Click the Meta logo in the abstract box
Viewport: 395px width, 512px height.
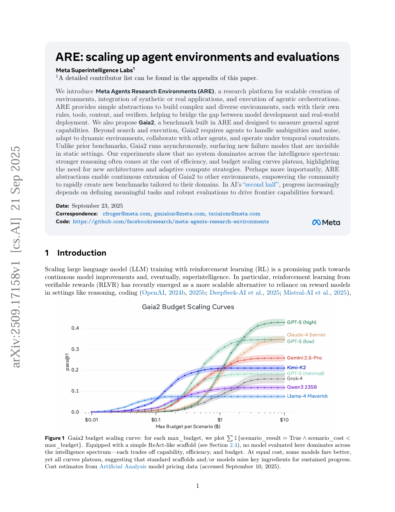[326, 222]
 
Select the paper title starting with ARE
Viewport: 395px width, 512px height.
[197, 57]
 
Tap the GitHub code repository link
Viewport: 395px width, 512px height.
[170, 222]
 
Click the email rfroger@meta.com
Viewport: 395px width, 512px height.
[126, 214]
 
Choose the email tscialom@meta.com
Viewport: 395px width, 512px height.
[234, 214]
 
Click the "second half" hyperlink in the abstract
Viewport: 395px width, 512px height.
[261, 185]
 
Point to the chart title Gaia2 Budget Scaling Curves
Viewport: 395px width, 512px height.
[188, 307]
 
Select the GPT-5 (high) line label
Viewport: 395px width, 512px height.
[301, 322]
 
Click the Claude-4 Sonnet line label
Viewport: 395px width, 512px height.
[306, 335]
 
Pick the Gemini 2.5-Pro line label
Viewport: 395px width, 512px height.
[304, 358]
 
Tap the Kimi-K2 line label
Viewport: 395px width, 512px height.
[296, 368]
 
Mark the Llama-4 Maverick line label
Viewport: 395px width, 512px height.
[307, 396]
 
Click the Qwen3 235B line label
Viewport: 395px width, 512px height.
[302, 387]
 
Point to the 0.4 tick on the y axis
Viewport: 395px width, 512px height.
[75, 328]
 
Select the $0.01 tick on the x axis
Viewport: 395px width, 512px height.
[91, 420]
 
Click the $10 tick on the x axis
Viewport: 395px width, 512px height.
[284, 420]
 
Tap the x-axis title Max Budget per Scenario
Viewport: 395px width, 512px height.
[188, 427]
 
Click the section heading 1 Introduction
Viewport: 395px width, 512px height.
[76, 253]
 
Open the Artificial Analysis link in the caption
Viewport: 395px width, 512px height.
[123, 466]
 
